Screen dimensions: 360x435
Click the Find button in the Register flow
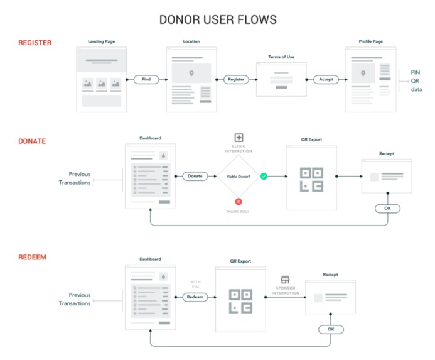[x=146, y=80]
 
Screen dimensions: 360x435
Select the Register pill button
[x=236, y=80]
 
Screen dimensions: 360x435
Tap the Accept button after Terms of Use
[x=326, y=80]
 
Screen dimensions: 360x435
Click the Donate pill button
[x=195, y=176]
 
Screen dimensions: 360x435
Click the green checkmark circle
[x=264, y=177]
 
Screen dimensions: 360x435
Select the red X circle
[x=239, y=201]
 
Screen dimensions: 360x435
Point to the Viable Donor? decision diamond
[x=239, y=177]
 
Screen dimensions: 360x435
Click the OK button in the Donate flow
[x=387, y=209]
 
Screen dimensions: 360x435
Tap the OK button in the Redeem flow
[x=331, y=329]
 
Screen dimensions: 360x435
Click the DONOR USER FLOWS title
[x=217, y=19]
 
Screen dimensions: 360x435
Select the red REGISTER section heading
[x=35, y=43]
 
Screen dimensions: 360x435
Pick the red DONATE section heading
[x=32, y=141]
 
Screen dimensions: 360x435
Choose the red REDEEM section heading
[x=32, y=258]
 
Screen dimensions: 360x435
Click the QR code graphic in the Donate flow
[x=311, y=179]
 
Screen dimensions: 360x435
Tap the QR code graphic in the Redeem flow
[x=240, y=300]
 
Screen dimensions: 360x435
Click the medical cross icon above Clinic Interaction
[x=239, y=138]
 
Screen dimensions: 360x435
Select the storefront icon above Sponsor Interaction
[x=285, y=280]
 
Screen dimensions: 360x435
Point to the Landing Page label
[x=101, y=41]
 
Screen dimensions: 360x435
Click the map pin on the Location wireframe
[x=191, y=74]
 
